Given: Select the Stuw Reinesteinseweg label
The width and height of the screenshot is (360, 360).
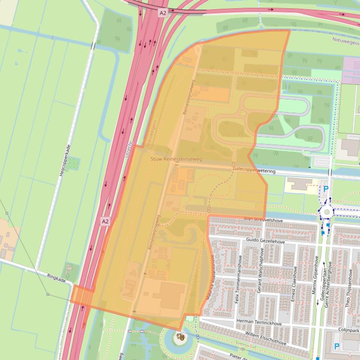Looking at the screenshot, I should click(x=176, y=159).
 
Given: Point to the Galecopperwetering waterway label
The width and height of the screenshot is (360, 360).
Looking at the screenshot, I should click(x=254, y=171).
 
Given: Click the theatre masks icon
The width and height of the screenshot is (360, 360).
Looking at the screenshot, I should click(x=180, y=336).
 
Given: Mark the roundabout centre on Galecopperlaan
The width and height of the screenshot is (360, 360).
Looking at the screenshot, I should click(x=326, y=211).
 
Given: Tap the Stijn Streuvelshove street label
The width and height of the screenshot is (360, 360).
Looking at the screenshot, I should click(x=264, y=219).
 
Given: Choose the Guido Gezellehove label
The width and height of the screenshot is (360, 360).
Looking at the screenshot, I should click(x=265, y=241).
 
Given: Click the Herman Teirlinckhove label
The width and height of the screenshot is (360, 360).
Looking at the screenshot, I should click(x=259, y=323).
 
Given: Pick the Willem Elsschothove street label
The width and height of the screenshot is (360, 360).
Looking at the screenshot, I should click(x=265, y=338).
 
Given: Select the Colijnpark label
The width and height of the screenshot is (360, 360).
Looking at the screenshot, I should click(x=348, y=330).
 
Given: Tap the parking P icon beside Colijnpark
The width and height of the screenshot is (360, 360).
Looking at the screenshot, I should click(x=336, y=346).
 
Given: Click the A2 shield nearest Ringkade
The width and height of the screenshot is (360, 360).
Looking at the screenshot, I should click(x=105, y=221).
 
